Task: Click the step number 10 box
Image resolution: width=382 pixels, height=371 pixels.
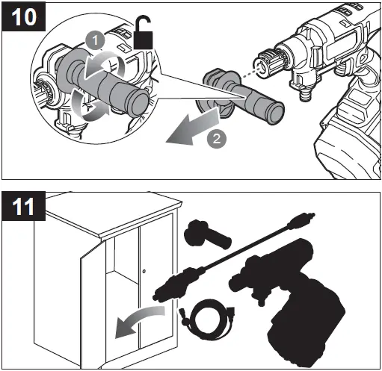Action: click(23, 17)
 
